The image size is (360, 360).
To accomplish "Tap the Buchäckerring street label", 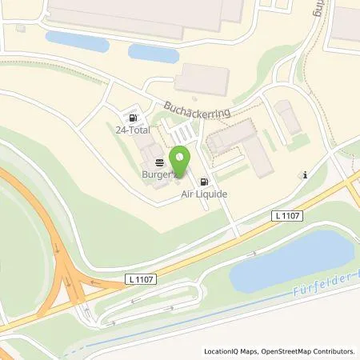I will pyautogui.click(x=197, y=109).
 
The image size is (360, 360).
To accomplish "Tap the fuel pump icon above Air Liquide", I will pyautogui.click(x=205, y=182).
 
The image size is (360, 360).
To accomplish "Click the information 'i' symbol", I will pyautogui.click(x=304, y=174).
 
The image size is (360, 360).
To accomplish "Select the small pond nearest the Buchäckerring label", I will pyautogui.click(x=154, y=53).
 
